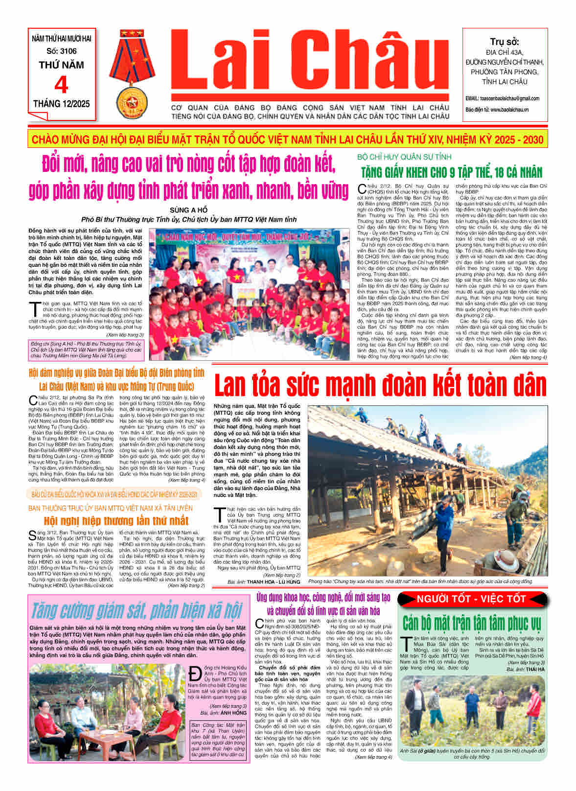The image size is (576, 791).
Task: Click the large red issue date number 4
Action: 61,85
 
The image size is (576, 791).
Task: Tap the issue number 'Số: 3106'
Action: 62,51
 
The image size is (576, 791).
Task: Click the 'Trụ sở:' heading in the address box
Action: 504,42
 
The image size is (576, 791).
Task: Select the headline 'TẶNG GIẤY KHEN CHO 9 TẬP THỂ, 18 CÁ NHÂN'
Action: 452,172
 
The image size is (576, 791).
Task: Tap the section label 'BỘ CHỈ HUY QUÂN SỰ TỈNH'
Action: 404,157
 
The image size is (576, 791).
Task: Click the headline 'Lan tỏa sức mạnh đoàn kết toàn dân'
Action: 380,385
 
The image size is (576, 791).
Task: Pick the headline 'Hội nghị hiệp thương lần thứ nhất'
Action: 116,520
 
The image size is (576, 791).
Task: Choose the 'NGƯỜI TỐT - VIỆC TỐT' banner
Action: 471,599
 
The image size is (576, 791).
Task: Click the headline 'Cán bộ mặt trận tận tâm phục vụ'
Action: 472,623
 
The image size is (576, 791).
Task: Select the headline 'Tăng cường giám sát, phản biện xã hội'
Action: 137,610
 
